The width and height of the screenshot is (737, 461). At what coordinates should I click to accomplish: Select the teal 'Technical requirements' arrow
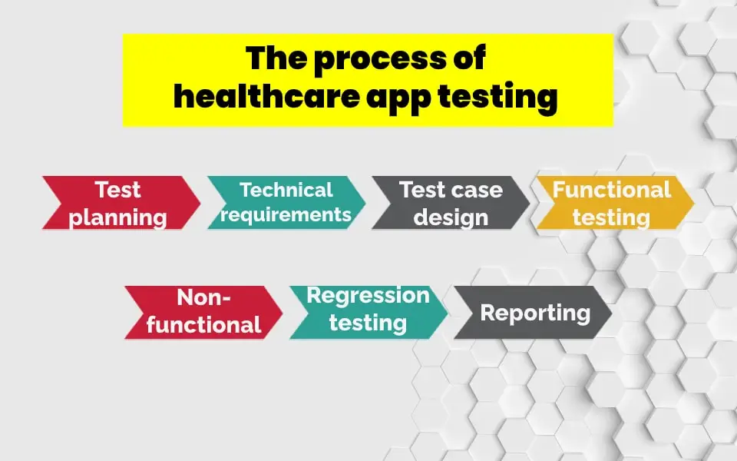pyautogui.click(x=286, y=203)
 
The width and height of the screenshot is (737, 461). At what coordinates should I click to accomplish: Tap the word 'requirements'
pyautogui.click(x=286, y=214)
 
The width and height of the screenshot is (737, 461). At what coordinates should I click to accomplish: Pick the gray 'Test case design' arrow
pyautogui.click(x=451, y=204)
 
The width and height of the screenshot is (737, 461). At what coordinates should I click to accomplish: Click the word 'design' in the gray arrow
pyautogui.click(x=451, y=217)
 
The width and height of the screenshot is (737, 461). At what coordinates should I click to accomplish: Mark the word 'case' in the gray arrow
pyautogui.click(x=474, y=190)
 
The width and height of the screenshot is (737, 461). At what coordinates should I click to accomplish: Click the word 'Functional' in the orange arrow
pyautogui.click(x=612, y=190)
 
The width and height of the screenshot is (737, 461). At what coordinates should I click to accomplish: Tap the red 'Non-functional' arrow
pyautogui.click(x=203, y=312)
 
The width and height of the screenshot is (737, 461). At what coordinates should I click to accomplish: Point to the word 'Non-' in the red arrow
pyautogui.click(x=204, y=297)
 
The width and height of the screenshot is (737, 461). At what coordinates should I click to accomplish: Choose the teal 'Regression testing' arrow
pyautogui.click(x=368, y=311)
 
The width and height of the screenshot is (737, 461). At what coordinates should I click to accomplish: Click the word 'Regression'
pyautogui.click(x=368, y=296)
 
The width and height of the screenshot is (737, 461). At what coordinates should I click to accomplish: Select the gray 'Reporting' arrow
pyautogui.click(x=533, y=313)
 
